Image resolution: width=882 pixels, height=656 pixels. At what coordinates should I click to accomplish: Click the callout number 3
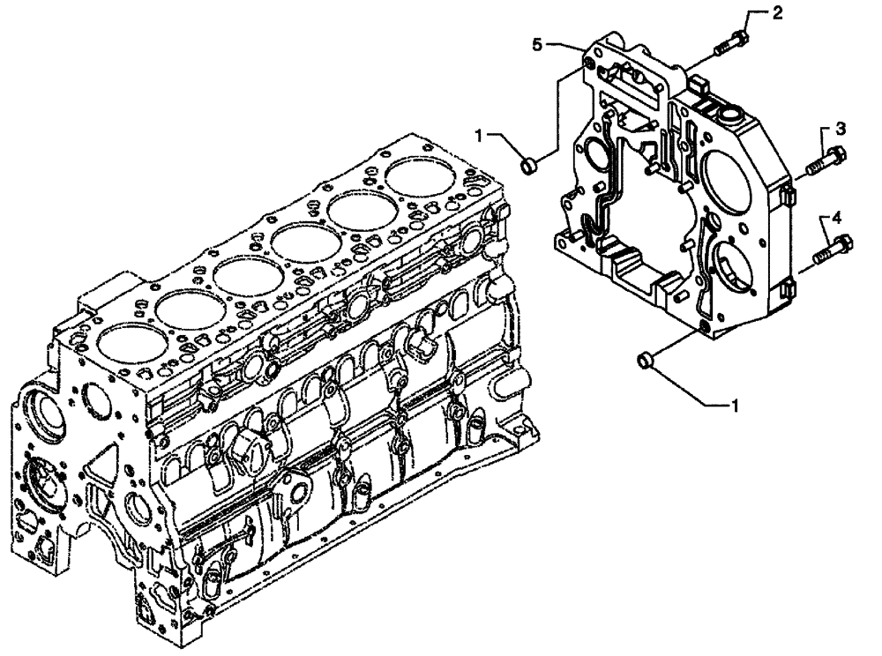pos(841,129)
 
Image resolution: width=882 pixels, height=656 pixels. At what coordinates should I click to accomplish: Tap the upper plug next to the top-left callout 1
pos(531,163)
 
